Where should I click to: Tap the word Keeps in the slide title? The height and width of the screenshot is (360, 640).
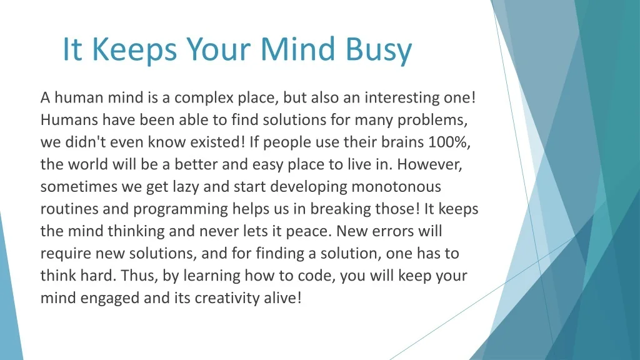tap(134, 49)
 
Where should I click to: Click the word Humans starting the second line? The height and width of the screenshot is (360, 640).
tap(69, 119)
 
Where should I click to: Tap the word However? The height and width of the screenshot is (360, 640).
tap(429, 164)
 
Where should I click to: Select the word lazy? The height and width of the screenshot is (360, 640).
tap(186, 187)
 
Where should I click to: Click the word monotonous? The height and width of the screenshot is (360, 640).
tap(396, 187)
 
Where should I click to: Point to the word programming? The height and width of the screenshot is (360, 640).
tap(181, 209)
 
